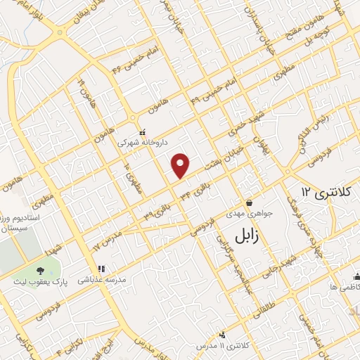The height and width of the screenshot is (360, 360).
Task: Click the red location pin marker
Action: [181, 165]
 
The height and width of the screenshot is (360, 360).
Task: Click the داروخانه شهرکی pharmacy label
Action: [142, 141]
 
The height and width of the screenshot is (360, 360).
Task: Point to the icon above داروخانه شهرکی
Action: [143, 131]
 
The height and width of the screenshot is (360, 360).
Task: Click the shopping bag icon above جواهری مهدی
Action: [249, 202]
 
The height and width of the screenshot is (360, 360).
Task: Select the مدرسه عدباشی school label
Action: [101, 278]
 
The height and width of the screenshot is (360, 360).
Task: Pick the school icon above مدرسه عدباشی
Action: [101, 269]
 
